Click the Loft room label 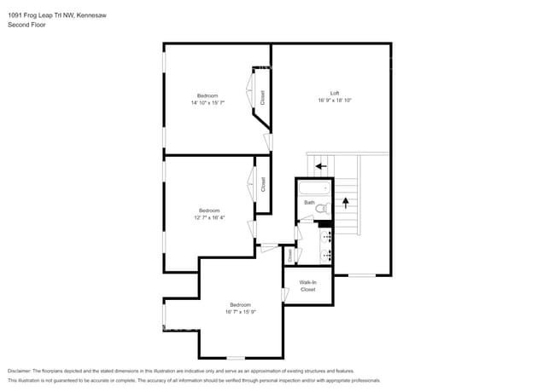(336, 93)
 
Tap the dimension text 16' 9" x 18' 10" (336, 101)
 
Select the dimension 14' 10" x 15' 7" (207, 103)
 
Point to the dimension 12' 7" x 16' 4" (209, 217)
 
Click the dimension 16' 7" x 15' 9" (240, 312)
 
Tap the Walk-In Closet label (307, 285)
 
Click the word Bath (309, 202)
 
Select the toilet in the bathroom (321, 207)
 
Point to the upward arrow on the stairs (346, 203)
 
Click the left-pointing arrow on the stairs (321, 165)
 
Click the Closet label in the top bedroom (262, 97)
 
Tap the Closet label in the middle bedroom (263, 183)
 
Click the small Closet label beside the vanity (290, 254)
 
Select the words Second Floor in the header (27, 26)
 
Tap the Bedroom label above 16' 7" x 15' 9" (240, 304)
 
